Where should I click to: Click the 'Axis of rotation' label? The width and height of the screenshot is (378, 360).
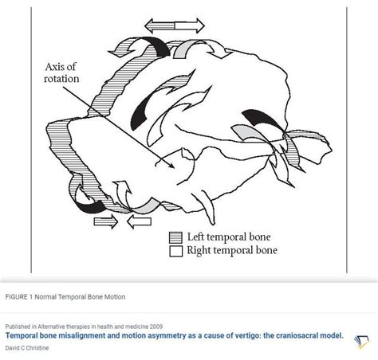[61, 72]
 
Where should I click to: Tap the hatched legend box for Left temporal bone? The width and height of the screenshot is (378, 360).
[176, 237]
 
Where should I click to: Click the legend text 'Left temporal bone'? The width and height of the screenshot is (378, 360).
[226, 237]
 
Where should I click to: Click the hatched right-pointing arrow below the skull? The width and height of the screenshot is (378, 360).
[105, 221]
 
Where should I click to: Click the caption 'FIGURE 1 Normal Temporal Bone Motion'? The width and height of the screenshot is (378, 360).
[65, 296]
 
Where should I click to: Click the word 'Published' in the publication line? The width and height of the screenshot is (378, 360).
[19, 326]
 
